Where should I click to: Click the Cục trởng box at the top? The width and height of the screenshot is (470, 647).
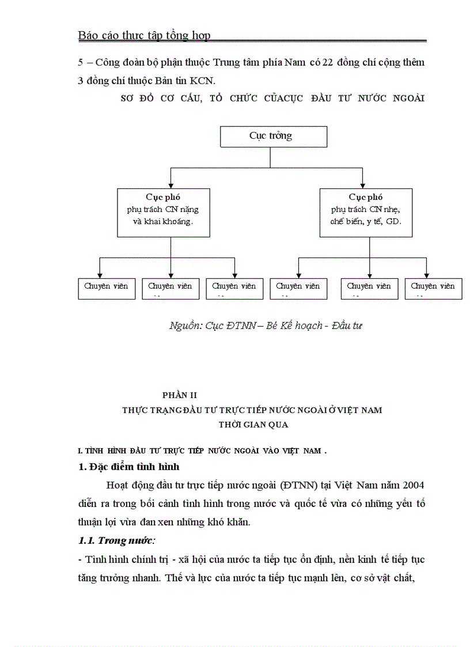point(273,137)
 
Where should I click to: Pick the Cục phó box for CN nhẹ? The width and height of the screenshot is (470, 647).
point(366,212)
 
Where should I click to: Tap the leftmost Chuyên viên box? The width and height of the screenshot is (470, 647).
point(107,288)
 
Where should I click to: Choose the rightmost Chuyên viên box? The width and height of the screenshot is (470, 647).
point(433,288)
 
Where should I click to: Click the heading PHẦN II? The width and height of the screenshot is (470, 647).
point(180,395)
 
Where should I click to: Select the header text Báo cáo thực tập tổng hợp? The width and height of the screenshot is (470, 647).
point(144,36)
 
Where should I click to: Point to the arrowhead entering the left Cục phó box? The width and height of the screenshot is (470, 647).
point(169,185)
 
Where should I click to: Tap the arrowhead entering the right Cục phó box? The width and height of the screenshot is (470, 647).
point(362,185)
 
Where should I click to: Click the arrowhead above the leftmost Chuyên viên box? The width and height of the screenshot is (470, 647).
point(101,276)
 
